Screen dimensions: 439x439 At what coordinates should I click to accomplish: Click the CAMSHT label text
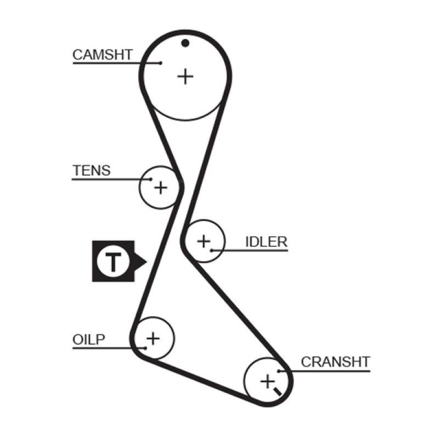click(102, 54)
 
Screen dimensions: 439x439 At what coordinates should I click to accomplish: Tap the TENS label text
click(91, 171)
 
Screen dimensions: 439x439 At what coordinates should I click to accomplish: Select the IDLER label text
click(266, 242)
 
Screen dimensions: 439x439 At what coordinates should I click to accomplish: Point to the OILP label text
click(88, 340)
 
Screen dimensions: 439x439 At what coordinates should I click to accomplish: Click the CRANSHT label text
click(335, 362)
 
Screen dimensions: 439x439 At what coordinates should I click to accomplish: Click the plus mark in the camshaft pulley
click(185, 76)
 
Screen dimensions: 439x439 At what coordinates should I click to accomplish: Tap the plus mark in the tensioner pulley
click(160, 188)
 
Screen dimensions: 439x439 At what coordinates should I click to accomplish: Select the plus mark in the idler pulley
click(204, 240)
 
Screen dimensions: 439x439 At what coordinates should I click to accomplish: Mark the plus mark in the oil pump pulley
click(153, 337)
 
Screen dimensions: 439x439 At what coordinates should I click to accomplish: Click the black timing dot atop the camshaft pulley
click(185, 43)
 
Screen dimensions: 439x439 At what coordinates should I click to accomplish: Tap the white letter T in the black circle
click(112, 262)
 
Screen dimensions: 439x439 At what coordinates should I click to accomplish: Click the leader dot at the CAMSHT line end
click(160, 63)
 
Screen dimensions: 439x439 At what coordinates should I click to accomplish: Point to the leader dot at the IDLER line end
click(211, 251)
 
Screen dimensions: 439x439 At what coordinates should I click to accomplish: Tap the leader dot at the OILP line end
click(145, 347)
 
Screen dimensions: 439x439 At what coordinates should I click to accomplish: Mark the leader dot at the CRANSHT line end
click(279, 372)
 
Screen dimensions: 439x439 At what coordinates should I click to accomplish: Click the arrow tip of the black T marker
click(145, 262)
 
